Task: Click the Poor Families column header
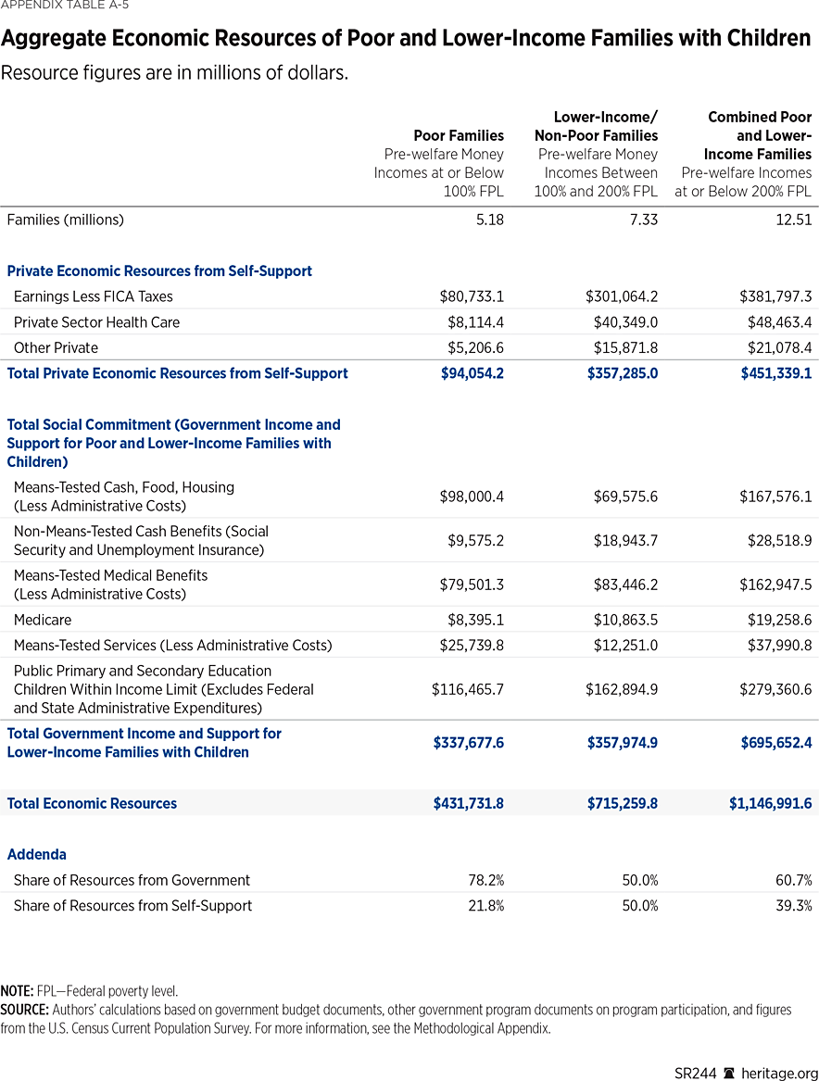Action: (x=460, y=136)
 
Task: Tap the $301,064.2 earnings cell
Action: (x=622, y=296)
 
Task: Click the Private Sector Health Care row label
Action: (x=96, y=322)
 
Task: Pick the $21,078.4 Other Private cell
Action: (x=775, y=347)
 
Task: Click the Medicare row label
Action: (x=43, y=620)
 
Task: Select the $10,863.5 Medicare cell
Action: (x=625, y=620)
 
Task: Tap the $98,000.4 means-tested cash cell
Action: (x=472, y=497)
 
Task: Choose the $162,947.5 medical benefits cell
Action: (x=775, y=584)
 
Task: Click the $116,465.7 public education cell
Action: (x=468, y=689)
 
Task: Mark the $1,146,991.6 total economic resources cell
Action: (x=770, y=803)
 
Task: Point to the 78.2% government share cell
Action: (x=485, y=880)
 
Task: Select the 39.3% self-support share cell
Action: (x=794, y=906)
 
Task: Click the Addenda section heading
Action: (x=36, y=854)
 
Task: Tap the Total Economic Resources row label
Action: (x=92, y=803)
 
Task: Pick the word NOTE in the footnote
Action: (x=17, y=991)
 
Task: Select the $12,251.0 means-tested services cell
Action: (x=625, y=645)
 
